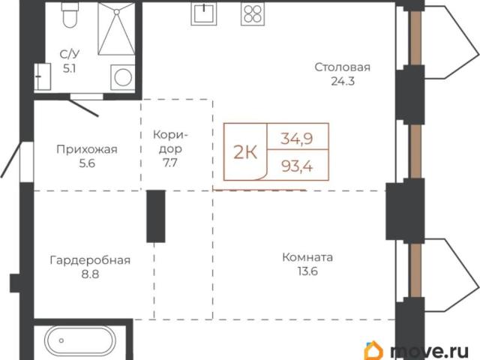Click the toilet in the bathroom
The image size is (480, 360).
click(69, 14)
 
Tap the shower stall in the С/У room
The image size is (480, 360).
click(116, 29)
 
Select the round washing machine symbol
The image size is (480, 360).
click(123, 77)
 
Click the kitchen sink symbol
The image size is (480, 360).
click(203, 13)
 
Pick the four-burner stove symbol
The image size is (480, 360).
click(253, 14)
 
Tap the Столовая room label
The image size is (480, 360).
click(343, 67)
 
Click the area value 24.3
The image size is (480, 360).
click(343, 81)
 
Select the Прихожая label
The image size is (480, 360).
click(87, 149)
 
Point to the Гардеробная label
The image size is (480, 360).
click(90, 260)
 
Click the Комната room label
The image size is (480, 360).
click(307, 257)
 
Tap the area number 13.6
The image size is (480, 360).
click(307, 271)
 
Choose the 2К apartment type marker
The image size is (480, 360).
click(245, 151)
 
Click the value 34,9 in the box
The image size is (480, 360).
click(297, 139)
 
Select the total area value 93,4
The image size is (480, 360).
click(297, 166)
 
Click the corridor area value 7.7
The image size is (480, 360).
click(170, 163)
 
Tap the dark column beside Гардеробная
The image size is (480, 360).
click(156, 216)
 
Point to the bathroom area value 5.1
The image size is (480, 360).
click(70, 68)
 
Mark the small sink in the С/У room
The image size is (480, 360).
click(43, 76)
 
